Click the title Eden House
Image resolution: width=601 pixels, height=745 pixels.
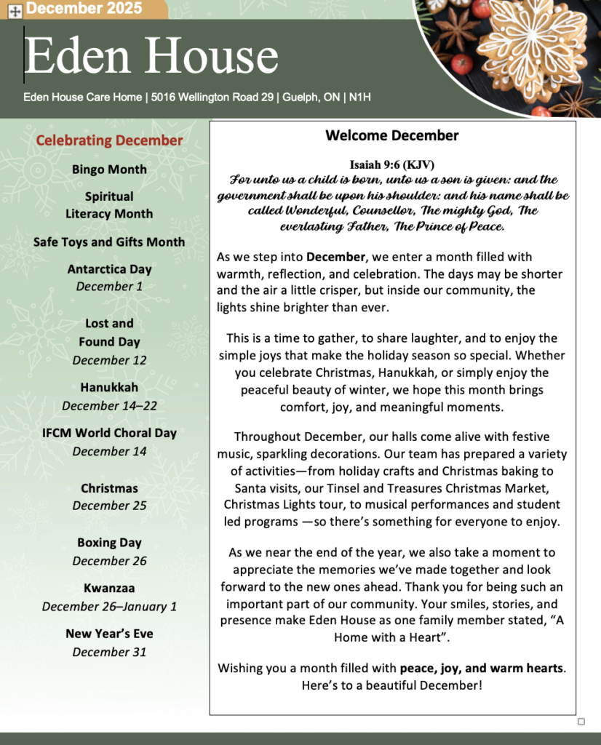(x=151, y=57)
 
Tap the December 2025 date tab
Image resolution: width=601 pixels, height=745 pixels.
(x=86, y=9)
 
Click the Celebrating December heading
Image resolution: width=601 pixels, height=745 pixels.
(x=109, y=140)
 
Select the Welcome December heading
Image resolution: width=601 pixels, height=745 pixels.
(x=392, y=136)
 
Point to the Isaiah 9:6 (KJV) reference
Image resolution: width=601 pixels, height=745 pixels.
(x=392, y=164)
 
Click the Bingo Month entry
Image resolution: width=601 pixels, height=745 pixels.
(x=109, y=170)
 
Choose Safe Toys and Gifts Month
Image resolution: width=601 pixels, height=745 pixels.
(x=109, y=242)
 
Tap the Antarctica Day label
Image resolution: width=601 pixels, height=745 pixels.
(x=109, y=269)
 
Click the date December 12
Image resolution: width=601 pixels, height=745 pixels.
(x=109, y=360)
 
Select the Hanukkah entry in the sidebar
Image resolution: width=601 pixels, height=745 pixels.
(x=109, y=388)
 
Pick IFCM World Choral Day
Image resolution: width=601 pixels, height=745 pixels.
(x=109, y=433)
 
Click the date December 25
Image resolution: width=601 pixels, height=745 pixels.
(x=109, y=506)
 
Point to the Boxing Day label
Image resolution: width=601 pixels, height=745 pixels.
(x=109, y=543)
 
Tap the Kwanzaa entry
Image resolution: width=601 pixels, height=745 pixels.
(x=109, y=589)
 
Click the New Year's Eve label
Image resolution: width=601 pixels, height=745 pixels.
(x=109, y=634)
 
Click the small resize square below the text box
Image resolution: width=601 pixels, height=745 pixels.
(x=581, y=722)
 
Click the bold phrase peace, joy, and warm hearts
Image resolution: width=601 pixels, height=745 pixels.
(x=481, y=668)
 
